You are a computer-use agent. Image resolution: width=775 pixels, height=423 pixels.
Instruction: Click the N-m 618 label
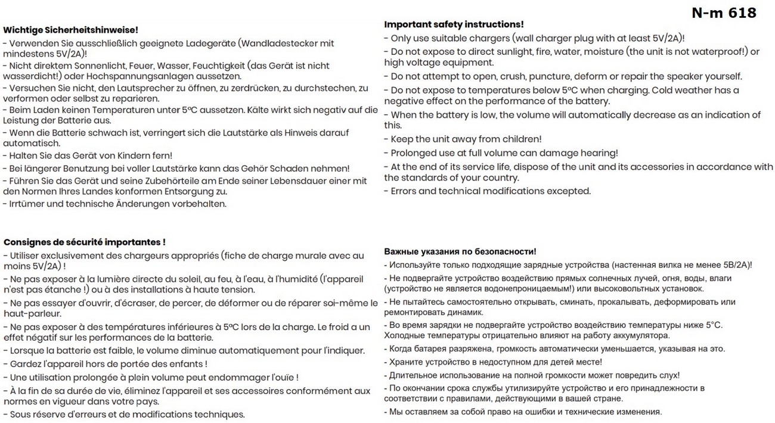click(x=724, y=13)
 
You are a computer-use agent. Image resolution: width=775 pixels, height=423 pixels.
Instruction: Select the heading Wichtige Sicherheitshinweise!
click(x=70, y=29)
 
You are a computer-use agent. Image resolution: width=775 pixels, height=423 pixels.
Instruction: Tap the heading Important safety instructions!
click(x=454, y=24)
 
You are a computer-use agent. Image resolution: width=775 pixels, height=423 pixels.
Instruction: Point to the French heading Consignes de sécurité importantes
click(x=84, y=242)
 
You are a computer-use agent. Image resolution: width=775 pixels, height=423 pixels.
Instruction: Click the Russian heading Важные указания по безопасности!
click(x=460, y=251)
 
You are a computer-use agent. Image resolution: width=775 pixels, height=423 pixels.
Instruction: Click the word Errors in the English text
click(x=405, y=191)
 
